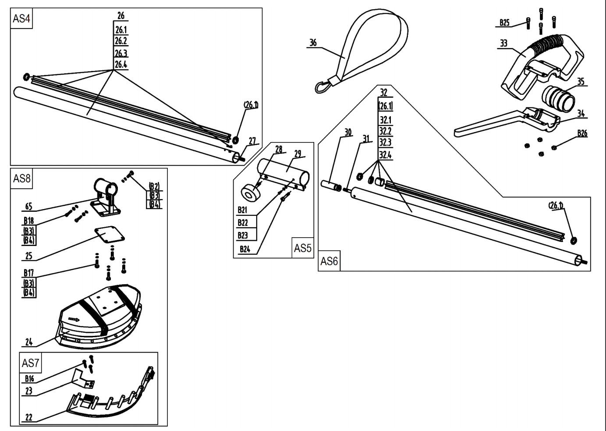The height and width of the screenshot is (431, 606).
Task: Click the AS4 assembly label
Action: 21,18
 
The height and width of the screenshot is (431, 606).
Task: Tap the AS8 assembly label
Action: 21,178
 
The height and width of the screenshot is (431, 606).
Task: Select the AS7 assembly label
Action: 30,363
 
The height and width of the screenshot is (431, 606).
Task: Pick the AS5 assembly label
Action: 302,248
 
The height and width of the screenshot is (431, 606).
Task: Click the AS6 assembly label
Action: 329,261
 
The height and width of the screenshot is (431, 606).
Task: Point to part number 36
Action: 313,43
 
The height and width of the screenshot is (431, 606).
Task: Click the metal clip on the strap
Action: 322,86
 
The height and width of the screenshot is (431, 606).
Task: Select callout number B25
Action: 505,23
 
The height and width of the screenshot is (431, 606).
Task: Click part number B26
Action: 582,133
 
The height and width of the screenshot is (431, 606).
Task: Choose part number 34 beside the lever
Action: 581,114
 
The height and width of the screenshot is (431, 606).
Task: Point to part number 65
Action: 28,207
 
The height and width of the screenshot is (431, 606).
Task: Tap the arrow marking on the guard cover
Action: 74,320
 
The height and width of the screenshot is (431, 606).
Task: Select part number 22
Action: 28,417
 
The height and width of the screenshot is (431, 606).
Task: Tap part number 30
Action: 348,132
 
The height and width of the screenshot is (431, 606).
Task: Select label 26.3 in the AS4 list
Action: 121,53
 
